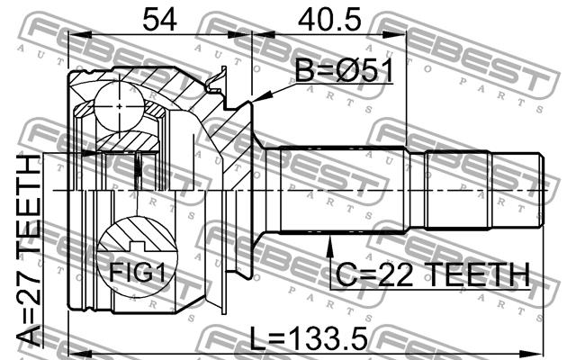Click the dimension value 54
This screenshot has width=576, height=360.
159,20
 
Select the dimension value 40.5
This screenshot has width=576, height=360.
329,20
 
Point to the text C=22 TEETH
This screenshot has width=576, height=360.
433,274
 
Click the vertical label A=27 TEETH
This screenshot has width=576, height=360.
29,251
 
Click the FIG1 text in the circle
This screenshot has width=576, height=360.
138,272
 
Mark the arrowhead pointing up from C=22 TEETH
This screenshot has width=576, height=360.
329,245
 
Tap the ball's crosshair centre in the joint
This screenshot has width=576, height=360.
120,106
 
